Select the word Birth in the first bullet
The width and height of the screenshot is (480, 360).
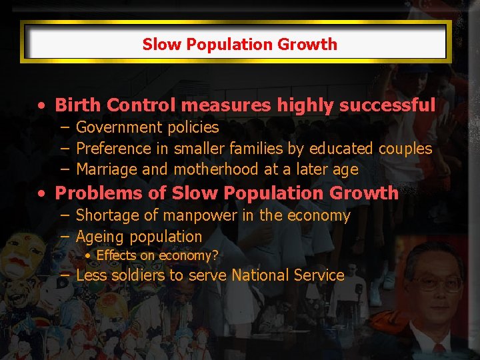tap(78, 105)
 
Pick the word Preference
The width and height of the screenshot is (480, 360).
tap(113, 148)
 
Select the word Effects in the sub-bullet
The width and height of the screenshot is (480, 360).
tap(116, 255)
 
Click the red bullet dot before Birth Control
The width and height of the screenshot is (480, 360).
tap(42, 105)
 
